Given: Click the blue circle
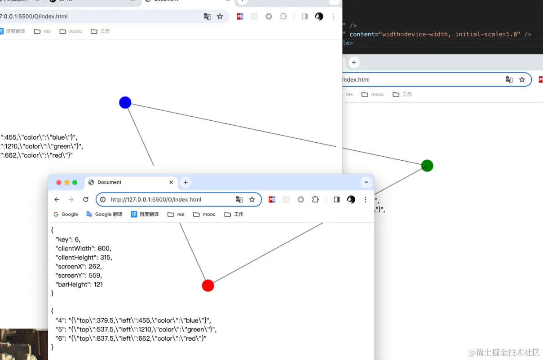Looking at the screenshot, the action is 125,102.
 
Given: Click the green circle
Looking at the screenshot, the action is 427,166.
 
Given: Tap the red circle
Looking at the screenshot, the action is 208,285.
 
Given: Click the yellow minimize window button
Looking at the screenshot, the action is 67,182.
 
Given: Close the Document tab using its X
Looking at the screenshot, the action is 171,182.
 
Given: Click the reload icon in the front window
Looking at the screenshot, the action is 85,200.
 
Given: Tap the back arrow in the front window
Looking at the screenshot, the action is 57,200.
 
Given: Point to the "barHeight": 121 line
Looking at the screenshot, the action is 79,284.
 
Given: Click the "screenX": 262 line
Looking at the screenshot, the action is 78,266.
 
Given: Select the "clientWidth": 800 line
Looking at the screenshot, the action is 83,248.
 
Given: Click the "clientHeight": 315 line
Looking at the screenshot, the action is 84,257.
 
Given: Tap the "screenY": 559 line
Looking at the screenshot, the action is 78,275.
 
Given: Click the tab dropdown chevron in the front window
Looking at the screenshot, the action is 366,182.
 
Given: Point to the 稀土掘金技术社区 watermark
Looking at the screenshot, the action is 504,352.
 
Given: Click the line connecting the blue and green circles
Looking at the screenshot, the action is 269,133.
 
